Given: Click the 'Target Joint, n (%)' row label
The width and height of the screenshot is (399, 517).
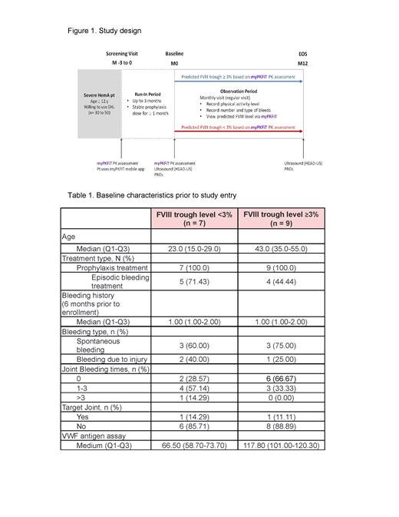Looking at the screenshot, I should click(x=94, y=406).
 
